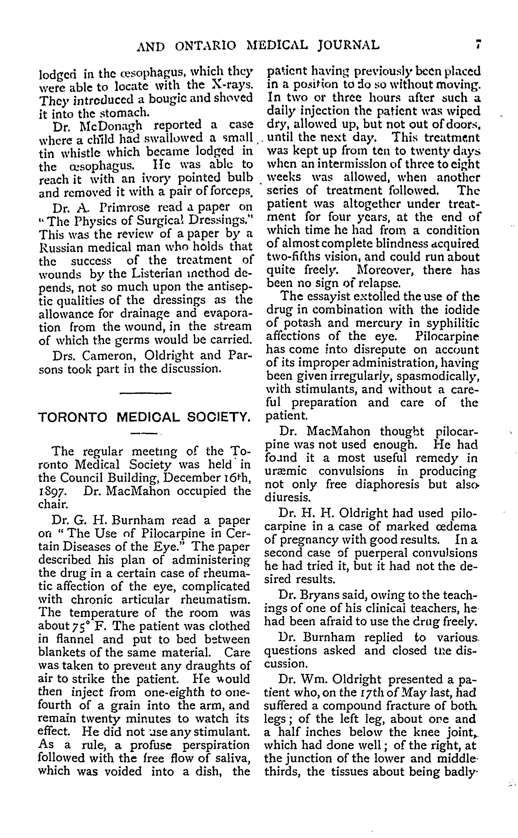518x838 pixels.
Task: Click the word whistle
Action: (x=71, y=152)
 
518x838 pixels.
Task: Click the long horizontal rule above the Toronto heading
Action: (x=145, y=392)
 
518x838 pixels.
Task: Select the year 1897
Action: (x=52, y=491)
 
